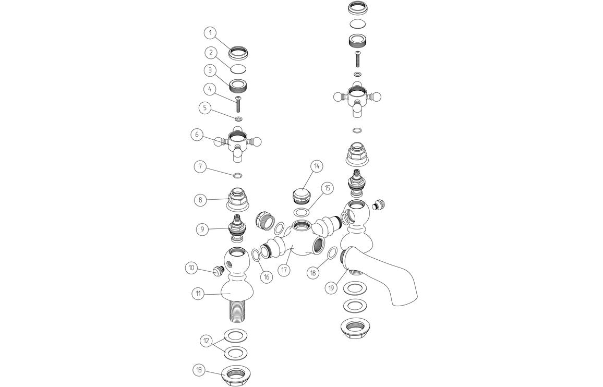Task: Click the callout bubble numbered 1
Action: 210,32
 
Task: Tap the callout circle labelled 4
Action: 210,89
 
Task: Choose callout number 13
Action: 199,370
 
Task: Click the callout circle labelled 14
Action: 316,166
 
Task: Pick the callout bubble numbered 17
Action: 284,271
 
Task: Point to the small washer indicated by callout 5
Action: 238,119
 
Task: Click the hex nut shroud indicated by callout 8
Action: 237,199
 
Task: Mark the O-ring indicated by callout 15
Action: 301,212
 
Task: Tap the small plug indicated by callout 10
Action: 218,270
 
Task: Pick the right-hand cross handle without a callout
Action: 357,97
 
